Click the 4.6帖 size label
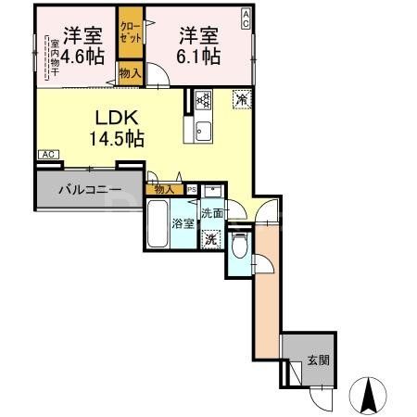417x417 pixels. (x=81, y=57)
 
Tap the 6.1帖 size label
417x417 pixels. (x=199, y=57)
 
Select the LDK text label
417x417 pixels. (x=118, y=118)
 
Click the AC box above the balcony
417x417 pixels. (x=49, y=155)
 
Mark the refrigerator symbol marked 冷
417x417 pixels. (x=240, y=99)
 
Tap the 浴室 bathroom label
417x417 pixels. (x=181, y=223)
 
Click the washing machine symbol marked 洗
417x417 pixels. (x=211, y=236)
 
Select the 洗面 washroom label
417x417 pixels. (x=212, y=212)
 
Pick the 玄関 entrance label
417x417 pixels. (x=318, y=360)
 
